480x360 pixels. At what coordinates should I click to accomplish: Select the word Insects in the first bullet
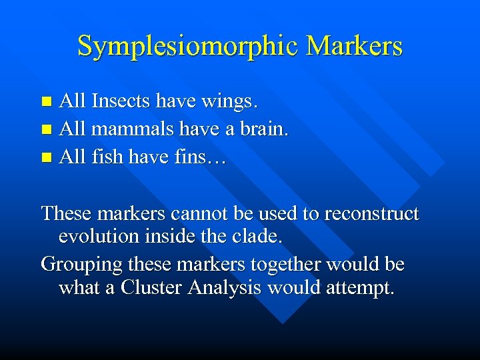(x=121, y=102)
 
